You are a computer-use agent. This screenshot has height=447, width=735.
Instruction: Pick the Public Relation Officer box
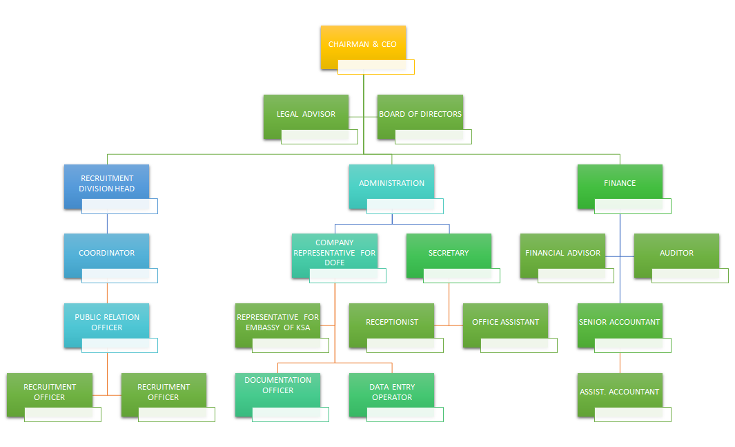(x=106, y=321)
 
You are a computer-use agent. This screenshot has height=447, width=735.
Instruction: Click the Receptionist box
(x=391, y=321)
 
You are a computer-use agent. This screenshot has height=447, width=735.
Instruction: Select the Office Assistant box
(x=505, y=321)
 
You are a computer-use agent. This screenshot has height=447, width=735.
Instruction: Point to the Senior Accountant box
(x=620, y=321)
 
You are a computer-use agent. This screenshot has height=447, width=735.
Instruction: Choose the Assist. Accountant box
(x=620, y=391)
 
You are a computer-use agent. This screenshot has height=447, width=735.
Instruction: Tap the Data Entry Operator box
(x=391, y=391)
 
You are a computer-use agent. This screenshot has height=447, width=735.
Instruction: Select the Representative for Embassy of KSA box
(x=277, y=321)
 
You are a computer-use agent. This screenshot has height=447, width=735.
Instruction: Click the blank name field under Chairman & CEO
(x=376, y=67)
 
